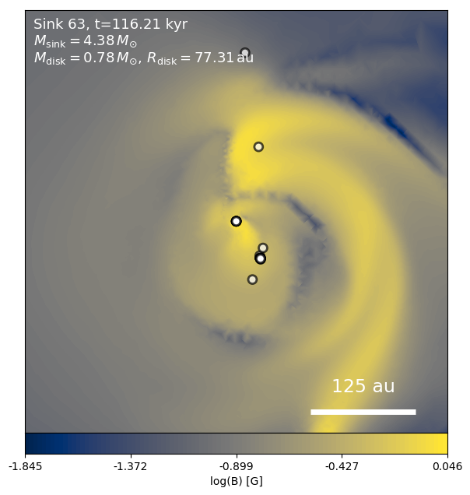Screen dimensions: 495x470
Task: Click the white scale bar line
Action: [x=363, y=412]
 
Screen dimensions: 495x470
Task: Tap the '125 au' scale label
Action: [x=363, y=387]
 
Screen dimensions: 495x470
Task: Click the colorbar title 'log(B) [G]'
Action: [x=237, y=482]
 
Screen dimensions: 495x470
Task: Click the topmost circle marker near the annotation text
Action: [x=245, y=53]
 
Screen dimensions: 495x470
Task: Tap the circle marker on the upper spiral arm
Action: [x=258, y=147]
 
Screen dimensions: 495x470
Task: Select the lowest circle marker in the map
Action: [x=252, y=279]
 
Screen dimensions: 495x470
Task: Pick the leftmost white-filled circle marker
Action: [x=237, y=221]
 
